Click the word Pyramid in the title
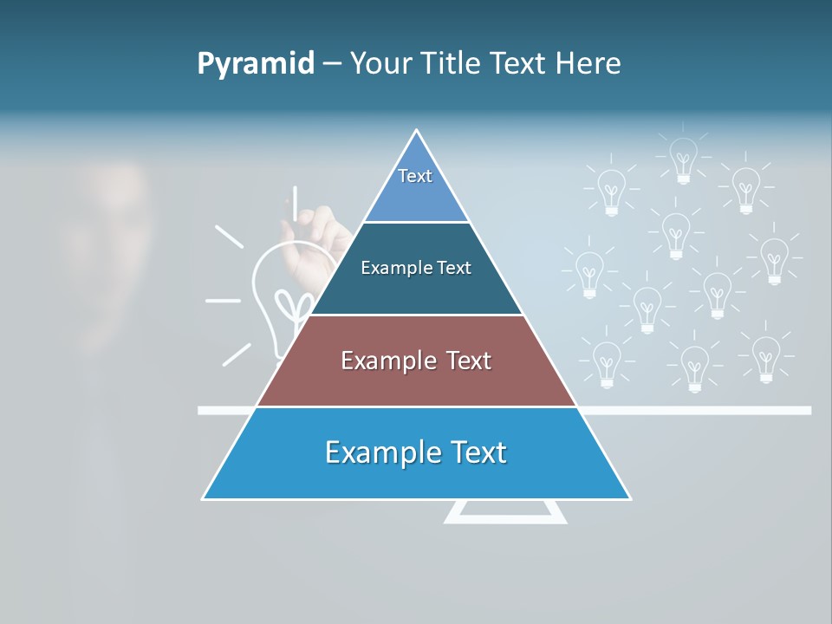click(x=256, y=64)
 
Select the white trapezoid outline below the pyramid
click(x=505, y=513)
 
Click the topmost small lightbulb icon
click(x=683, y=159)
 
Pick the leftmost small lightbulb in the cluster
click(x=589, y=273)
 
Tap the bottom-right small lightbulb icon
click(x=765, y=358)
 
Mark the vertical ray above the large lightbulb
click(x=295, y=201)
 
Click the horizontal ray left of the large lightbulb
click(x=223, y=301)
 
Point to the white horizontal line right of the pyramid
click(x=693, y=410)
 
